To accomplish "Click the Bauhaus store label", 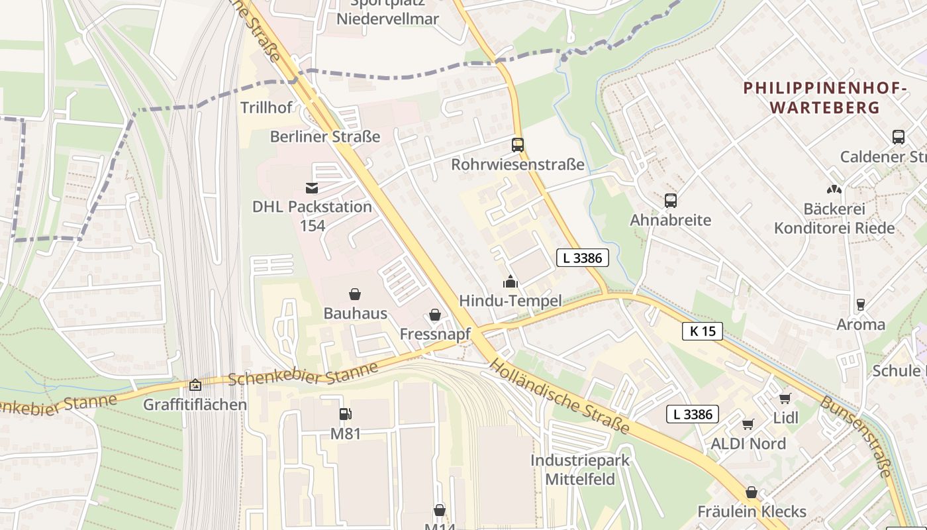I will (355, 313).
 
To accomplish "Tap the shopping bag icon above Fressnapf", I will (435, 315).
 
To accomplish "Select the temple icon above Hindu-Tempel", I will (510, 282).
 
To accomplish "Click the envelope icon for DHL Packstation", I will (312, 188).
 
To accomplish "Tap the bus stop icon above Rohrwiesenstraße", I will (518, 144).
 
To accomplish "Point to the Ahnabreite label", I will (670, 220).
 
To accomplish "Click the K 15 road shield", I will (703, 331).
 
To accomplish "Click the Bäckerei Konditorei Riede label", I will (834, 219).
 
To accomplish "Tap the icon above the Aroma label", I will (861, 305).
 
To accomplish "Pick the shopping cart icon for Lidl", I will (785, 398).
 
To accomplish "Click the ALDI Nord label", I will (748, 444).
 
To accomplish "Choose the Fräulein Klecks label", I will (752, 511).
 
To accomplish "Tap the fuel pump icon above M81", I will (346, 415).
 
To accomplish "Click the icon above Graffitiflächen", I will (195, 385).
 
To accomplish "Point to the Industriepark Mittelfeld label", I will (580, 470).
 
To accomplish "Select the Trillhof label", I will (266, 107).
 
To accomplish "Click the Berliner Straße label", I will (325, 136).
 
